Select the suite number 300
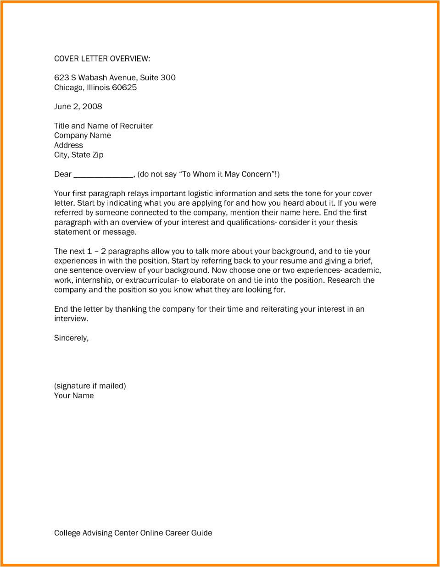point(168,77)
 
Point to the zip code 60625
point(124,88)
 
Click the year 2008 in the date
point(92,106)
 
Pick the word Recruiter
point(136,126)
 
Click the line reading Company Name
point(83,135)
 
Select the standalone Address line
point(68,145)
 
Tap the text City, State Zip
point(79,155)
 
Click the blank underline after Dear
point(103,175)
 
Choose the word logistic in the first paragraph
point(203,193)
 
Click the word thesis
point(346,222)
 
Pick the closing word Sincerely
point(71,338)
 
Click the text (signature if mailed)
point(90,386)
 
